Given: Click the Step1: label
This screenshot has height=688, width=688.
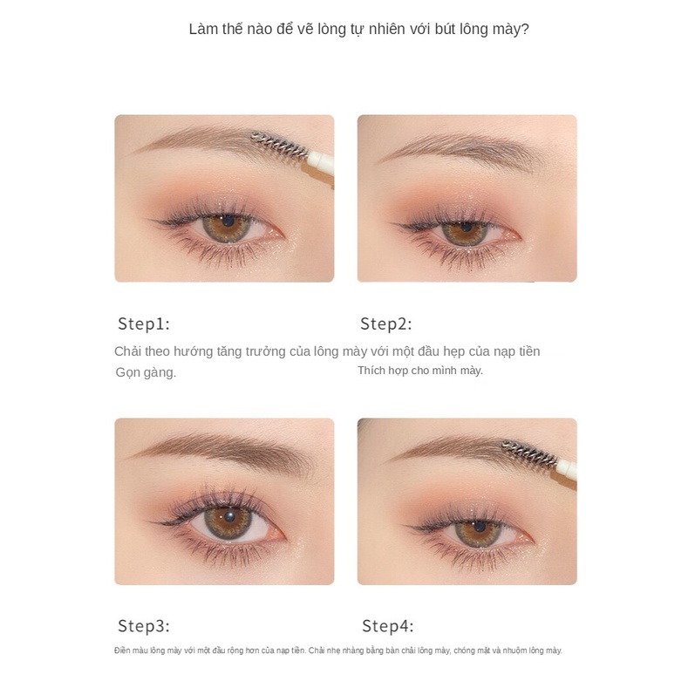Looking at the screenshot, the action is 144,324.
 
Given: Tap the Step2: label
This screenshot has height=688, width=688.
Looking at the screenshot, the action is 386,324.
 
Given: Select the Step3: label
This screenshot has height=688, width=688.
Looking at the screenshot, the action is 144,626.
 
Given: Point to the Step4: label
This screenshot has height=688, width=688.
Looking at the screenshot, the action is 387,626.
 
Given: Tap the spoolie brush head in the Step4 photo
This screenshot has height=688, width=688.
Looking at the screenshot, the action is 529,453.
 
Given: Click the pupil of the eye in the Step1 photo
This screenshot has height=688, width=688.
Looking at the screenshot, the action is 228,221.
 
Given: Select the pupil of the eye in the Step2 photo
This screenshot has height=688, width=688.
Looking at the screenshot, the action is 466,227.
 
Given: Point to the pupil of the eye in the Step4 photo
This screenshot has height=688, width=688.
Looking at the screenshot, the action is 479,526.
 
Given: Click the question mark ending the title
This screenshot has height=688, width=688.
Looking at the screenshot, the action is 525,30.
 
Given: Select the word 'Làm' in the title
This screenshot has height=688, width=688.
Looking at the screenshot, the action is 203,30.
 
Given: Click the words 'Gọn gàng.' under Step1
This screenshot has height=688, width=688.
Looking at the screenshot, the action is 146,372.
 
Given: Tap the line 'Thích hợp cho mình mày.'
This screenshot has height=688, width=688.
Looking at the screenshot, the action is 420,371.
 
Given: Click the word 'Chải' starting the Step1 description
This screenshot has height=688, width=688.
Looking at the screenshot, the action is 127,351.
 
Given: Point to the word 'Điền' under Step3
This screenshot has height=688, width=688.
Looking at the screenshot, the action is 122,651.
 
